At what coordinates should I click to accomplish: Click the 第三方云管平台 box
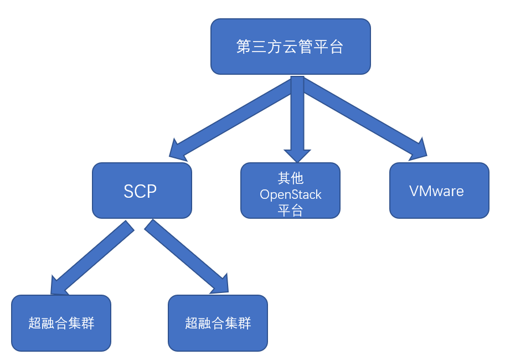(291, 47)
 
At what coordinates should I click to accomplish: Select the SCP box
(142, 191)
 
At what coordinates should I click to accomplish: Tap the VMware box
(439, 191)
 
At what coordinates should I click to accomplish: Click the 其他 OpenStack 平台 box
(291, 191)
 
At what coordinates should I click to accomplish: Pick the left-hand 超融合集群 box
(61, 323)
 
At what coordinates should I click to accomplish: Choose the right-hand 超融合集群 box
(218, 323)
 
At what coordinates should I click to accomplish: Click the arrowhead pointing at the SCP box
(178, 151)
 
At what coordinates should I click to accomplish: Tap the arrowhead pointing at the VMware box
(419, 150)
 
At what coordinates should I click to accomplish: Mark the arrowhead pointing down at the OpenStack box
(297, 156)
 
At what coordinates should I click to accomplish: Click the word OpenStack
(291, 194)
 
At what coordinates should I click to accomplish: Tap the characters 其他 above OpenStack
(291, 178)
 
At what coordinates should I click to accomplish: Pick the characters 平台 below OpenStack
(291, 211)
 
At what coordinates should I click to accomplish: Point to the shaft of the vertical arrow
(297, 113)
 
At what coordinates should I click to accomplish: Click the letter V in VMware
(415, 191)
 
